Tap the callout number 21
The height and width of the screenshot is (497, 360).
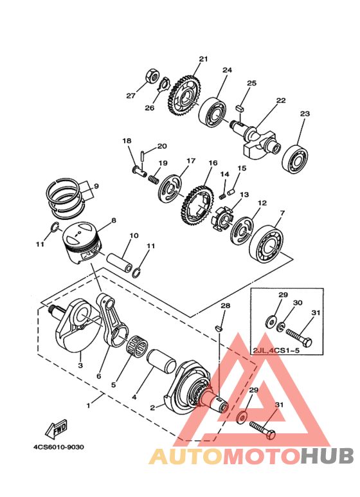pyautogui.click(x=203, y=59)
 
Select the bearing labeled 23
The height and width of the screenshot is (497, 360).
pyautogui.click(x=294, y=160)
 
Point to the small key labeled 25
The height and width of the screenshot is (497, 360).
pyautogui.click(x=240, y=108)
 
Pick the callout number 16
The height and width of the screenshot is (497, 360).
pyautogui.click(x=213, y=163)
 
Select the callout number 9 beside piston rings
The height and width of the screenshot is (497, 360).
pyautogui.click(x=96, y=186)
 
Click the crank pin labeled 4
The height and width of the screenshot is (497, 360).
pyautogui.click(x=162, y=363)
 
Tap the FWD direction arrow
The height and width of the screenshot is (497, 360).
pyautogui.click(x=57, y=429)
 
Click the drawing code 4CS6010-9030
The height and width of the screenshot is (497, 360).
pyautogui.click(x=59, y=447)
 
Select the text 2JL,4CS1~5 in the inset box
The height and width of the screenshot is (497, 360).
pyautogui.click(x=276, y=351)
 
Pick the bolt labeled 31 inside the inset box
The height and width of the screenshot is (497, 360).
pyautogui.click(x=299, y=338)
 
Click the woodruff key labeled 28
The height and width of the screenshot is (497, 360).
pyautogui.click(x=219, y=329)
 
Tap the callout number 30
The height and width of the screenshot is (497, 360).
pyautogui.click(x=298, y=303)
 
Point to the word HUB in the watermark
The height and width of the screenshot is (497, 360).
pyautogui.click(x=327, y=456)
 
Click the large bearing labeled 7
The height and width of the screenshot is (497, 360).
pyautogui.click(x=267, y=244)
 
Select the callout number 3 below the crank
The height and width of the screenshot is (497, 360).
pyautogui.click(x=80, y=365)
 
